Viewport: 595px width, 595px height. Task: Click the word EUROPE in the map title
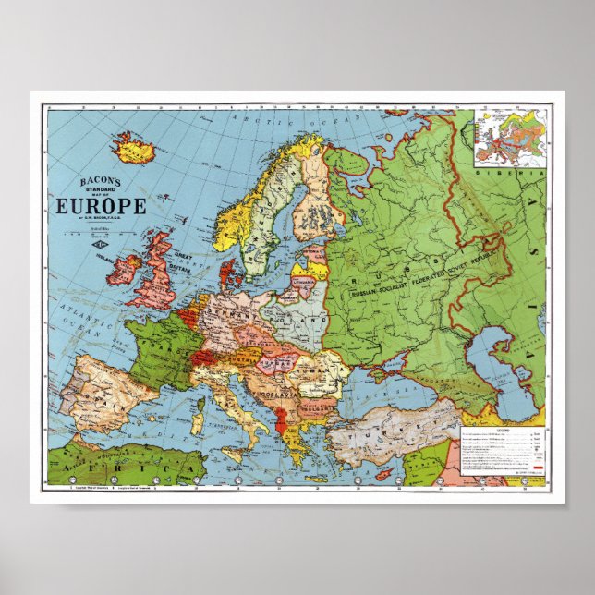point(102,205)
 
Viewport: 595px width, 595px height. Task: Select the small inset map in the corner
point(511,138)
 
